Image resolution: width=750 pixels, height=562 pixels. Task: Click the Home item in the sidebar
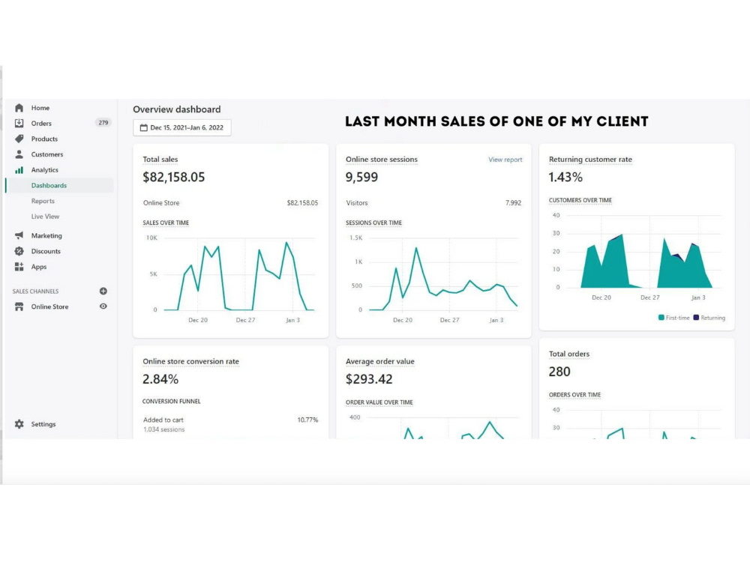(x=40, y=108)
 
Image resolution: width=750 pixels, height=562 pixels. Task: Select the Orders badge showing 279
(x=103, y=123)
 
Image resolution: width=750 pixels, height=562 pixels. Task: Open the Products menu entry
(x=44, y=139)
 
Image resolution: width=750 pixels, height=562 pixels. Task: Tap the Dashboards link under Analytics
(x=49, y=185)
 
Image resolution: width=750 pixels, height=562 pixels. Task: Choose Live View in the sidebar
(x=45, y=217)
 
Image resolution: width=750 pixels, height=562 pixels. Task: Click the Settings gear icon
(x=19, y=424)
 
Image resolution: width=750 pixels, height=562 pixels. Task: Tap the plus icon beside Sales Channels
(x=103, y=291)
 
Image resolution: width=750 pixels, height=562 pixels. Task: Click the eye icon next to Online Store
(x=103, y=306)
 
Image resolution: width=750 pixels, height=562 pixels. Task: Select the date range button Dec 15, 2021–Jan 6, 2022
(x=182, y=127)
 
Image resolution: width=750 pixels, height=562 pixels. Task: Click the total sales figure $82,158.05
(x=174, y=178)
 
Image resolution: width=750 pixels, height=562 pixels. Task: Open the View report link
(x=505, y=160)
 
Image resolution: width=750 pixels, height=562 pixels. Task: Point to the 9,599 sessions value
(x=361, y=178)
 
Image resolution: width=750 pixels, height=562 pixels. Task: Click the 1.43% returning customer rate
(x=565, y=178)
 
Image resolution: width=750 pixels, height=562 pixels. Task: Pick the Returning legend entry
(x=709, y=318)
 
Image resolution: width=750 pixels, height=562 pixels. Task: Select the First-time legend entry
(x=674, y=318)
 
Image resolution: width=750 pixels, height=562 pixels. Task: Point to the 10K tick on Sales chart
(x=151, y=238)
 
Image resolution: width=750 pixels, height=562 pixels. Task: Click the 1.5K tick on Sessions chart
(x=355, y=238)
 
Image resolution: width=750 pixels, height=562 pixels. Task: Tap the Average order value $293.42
(x=369, y=379)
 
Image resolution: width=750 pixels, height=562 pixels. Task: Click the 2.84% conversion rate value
(x=160, y=379)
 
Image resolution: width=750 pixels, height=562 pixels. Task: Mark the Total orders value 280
(x=559, y=372)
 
